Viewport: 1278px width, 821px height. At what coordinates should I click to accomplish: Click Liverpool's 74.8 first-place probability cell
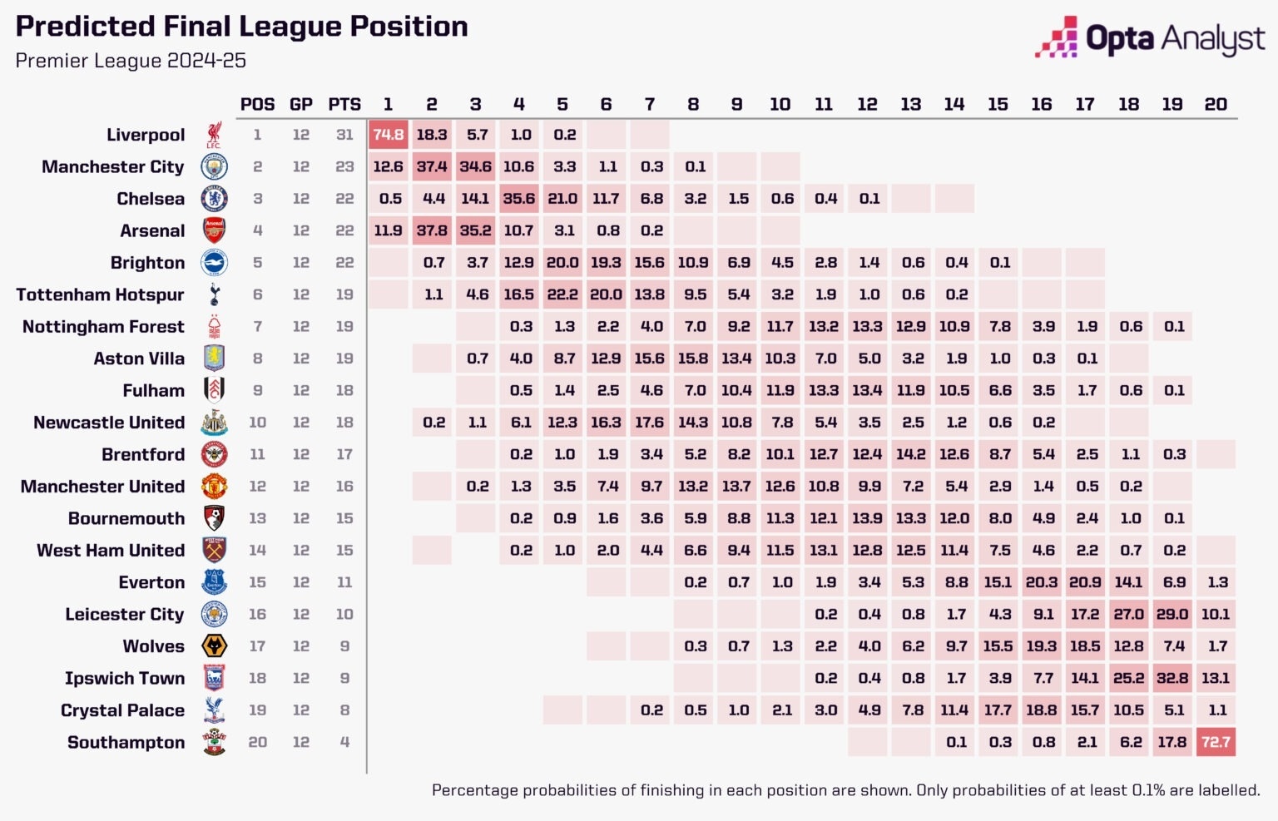389,135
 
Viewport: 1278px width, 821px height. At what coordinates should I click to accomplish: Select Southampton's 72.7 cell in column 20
1216,742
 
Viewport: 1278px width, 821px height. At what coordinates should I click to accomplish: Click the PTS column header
344,104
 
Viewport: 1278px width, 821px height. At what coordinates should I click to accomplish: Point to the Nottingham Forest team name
103,327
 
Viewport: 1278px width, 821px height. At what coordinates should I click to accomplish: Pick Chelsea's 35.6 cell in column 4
518,199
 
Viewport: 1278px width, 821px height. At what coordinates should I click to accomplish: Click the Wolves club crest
214,646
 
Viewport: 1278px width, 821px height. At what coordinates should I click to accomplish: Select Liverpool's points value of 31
344,135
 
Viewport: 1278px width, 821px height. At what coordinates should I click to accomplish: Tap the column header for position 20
1216,104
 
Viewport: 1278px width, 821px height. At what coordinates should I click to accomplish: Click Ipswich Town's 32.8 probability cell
1172,678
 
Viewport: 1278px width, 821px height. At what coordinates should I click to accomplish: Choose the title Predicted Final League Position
241,27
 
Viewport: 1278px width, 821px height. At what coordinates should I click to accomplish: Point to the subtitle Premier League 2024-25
131,61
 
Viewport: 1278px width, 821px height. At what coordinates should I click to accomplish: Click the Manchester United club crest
214,487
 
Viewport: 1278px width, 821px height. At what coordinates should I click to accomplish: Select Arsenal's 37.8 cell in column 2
432,230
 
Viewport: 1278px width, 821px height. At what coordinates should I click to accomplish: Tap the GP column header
301,104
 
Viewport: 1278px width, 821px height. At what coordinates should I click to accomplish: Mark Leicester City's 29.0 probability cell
1172,615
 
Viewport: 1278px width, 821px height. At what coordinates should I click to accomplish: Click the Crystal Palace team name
122,710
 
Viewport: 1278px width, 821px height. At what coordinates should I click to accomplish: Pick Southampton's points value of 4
344,742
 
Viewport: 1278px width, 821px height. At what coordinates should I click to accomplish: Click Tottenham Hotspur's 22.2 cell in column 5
562,294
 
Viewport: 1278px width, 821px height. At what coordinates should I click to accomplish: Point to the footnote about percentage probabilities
845,790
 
